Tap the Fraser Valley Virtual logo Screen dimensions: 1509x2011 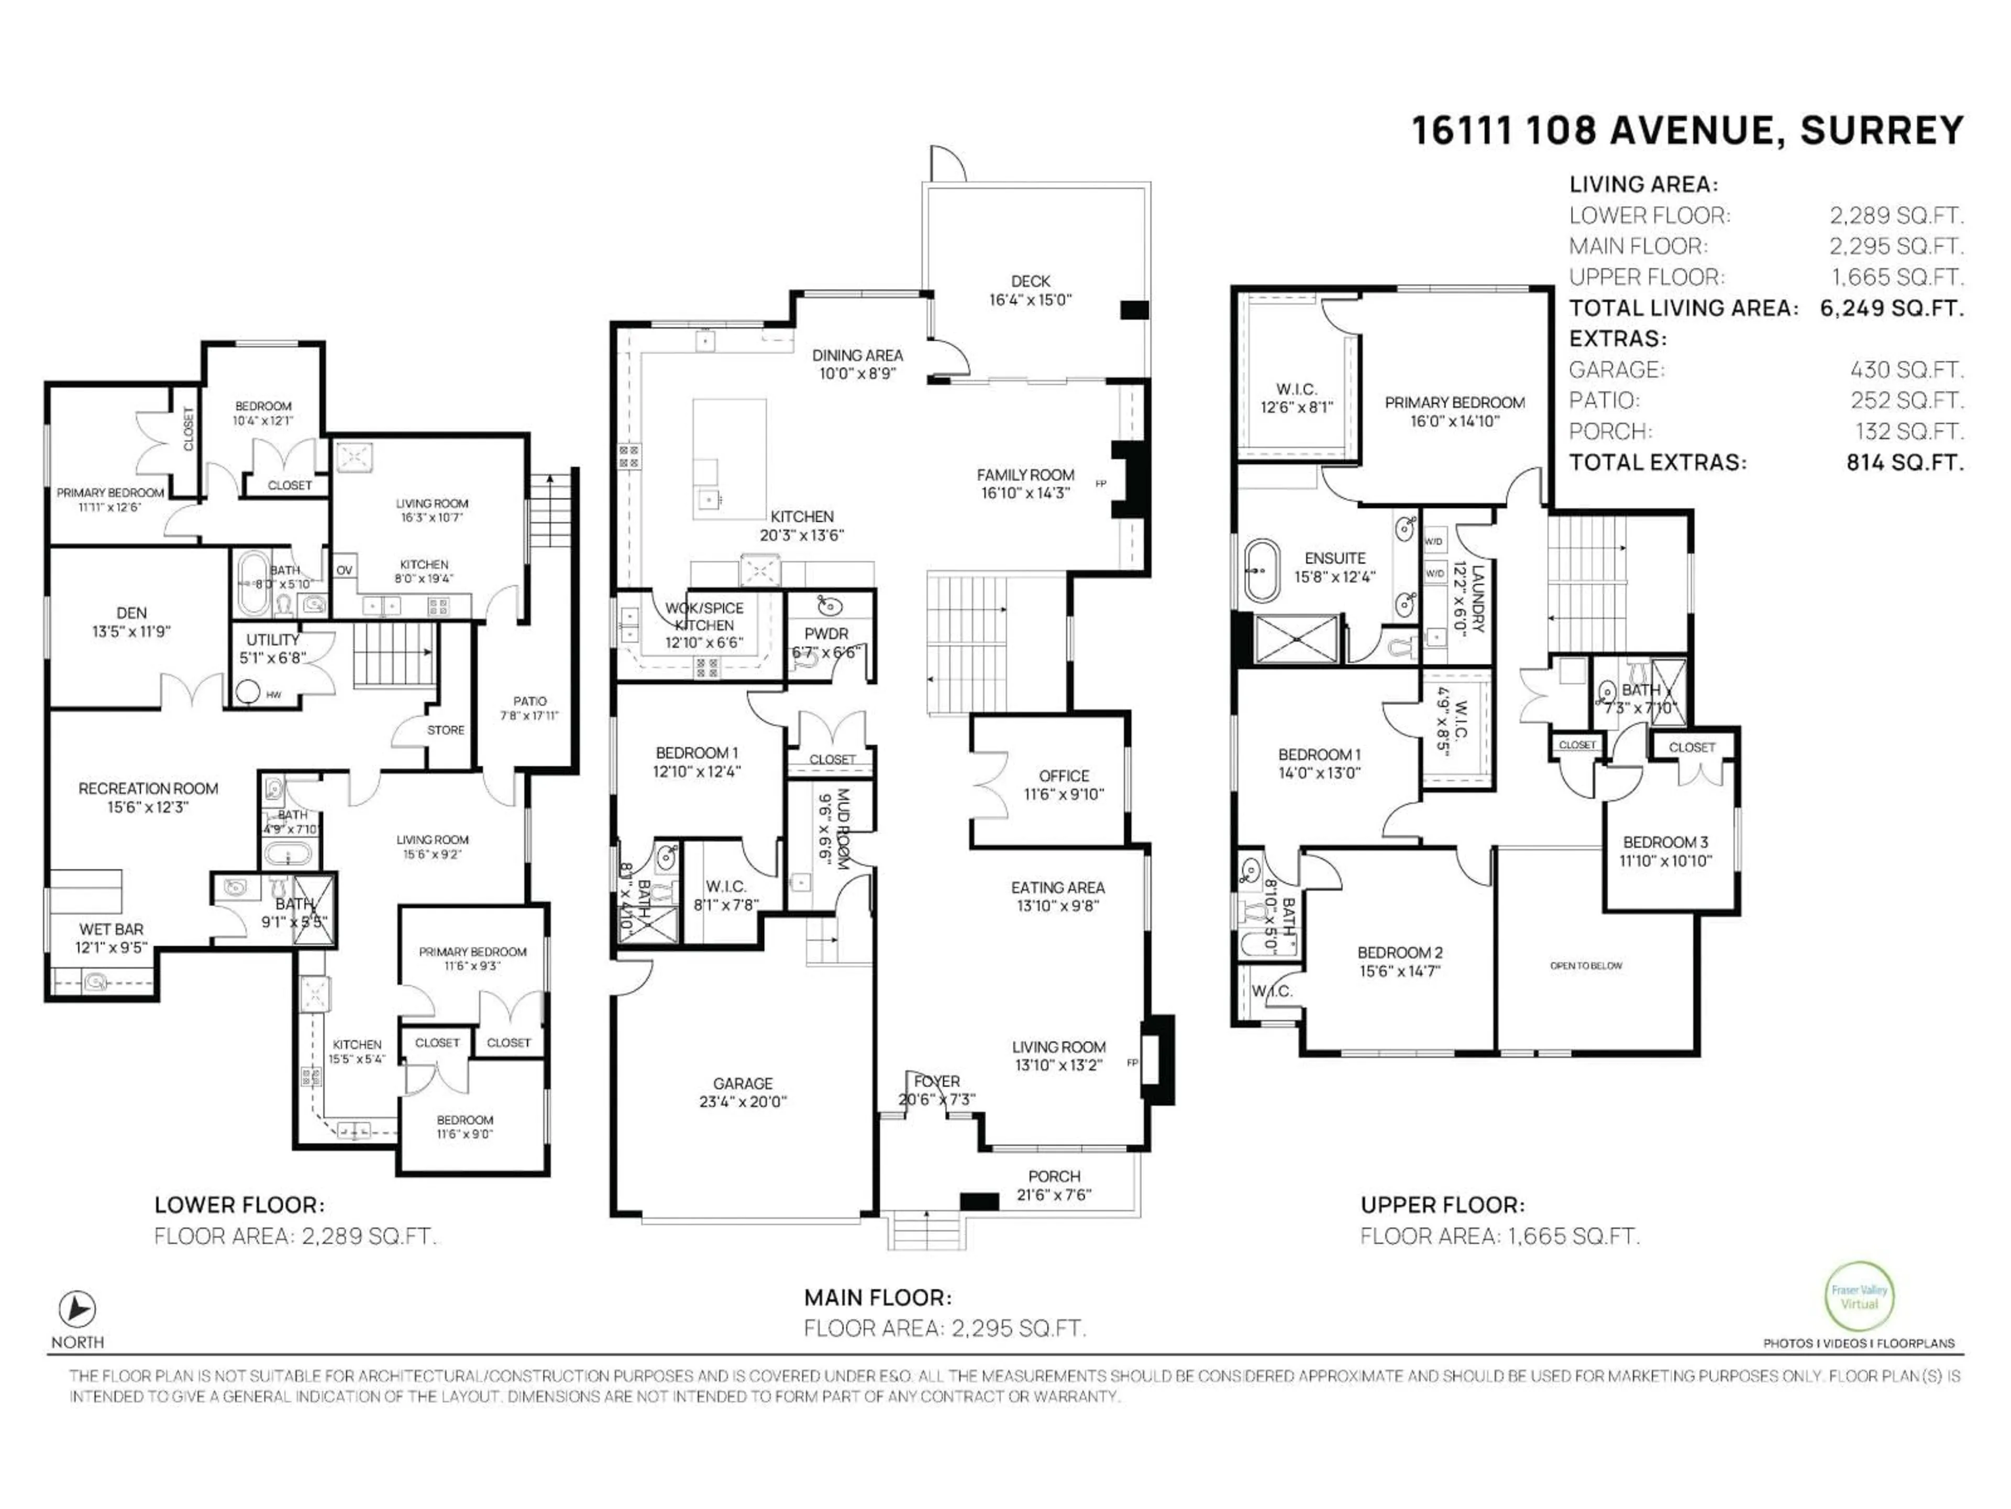pyautogui.click(x=1859, y=1297)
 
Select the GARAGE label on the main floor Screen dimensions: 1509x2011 pyautogui.click(x=743, y=1084)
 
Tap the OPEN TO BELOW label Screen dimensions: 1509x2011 pyautogui.click(x=1586, y=966)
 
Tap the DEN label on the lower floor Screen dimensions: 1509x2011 pyautogui.click(x=132, y=613)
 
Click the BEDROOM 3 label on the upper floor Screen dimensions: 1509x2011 pyautogui.click(x=1665, y=843)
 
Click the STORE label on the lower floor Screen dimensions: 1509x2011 pyautogui.click(x=446, y=729)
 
